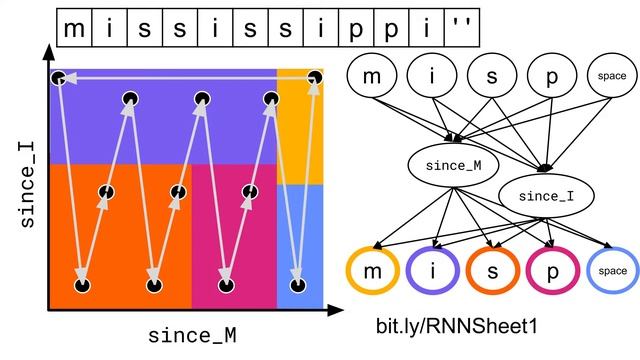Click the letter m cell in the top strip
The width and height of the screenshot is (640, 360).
pos(73,30)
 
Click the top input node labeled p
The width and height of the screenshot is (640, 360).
pos(549,77)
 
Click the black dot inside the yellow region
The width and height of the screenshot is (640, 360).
pos(316,77)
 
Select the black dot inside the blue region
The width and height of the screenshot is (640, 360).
pos(296,286)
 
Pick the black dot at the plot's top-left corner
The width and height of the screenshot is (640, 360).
pos(59,77)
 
